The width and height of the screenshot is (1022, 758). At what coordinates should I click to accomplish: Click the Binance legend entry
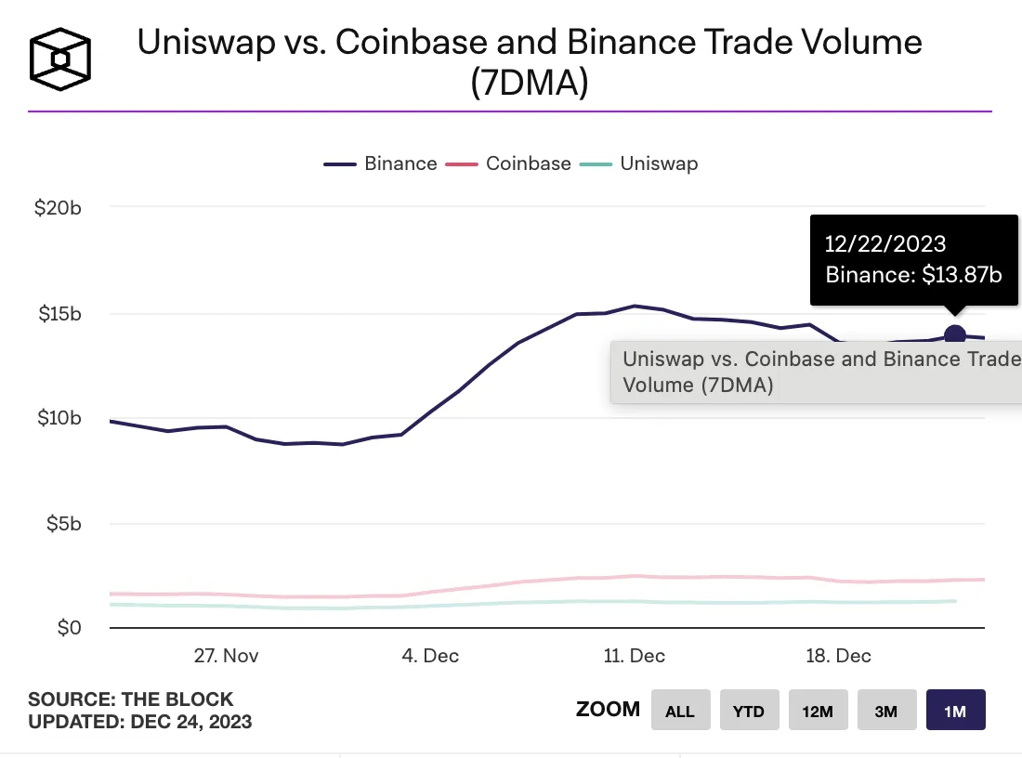point(381,163)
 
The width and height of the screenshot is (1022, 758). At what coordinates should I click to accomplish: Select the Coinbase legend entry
point(509,163)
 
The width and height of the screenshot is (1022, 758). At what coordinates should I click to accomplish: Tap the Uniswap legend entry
point(639,163)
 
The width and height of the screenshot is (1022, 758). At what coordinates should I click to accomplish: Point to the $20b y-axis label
point(58,207)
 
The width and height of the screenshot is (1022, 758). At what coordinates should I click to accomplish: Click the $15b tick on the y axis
point(58,313)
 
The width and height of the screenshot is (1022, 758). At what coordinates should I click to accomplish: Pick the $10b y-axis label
point(58,418)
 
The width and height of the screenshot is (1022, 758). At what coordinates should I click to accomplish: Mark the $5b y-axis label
point(62,524)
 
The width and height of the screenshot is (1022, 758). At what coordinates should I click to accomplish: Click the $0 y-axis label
point(69,628)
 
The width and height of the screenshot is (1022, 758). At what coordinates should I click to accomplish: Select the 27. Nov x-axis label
point(227,656)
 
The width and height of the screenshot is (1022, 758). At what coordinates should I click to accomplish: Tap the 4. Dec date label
point(430,656)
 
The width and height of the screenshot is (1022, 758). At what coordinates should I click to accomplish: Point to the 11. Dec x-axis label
point(634,656)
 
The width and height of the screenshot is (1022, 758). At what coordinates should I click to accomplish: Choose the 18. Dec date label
point(839,656)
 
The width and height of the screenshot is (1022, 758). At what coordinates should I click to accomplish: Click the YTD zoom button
point(749,711)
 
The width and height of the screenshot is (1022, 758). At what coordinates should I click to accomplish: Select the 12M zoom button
point(818,711)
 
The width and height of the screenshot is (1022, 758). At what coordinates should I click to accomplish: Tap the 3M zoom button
point(886,711)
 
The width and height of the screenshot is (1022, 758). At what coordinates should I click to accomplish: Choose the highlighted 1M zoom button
point(955,711)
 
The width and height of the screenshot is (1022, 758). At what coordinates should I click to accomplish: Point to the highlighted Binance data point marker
point(954,336)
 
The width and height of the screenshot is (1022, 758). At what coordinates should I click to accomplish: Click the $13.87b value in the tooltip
point(963,275)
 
